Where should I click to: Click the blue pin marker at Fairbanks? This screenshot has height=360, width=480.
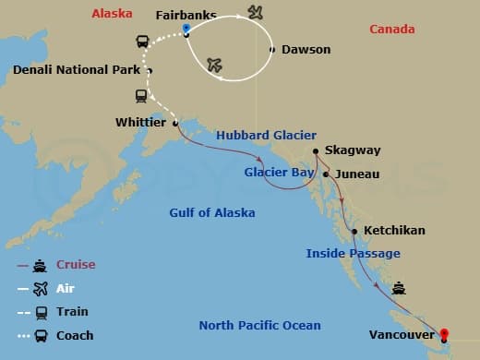[x=186, y=29]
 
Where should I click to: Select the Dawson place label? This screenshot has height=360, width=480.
[x=305, y=50]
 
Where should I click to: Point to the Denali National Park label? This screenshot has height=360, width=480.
[x=77, y=70]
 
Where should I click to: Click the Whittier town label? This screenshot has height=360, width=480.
[x=140, y=122]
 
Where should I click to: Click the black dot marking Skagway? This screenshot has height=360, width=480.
[x=316, y=150]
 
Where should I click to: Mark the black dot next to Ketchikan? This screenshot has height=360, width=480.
[x=354, y=231]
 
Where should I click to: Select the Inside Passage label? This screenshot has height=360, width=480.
[x=354, y=253]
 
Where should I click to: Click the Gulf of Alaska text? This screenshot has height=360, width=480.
[x=211, y=213]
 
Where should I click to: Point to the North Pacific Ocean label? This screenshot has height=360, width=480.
[x=260, y=325]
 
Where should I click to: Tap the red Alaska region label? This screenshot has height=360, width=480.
[x=112, y=15]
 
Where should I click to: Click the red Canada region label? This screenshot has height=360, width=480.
[x=391, y=30]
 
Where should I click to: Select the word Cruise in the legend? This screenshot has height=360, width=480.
[x=77, y=264]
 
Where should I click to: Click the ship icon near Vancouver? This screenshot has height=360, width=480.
[x=399, y=287]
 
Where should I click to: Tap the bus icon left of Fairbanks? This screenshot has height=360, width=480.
[x=143, y=41]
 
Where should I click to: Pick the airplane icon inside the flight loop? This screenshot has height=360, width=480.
[x=215, y=65]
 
